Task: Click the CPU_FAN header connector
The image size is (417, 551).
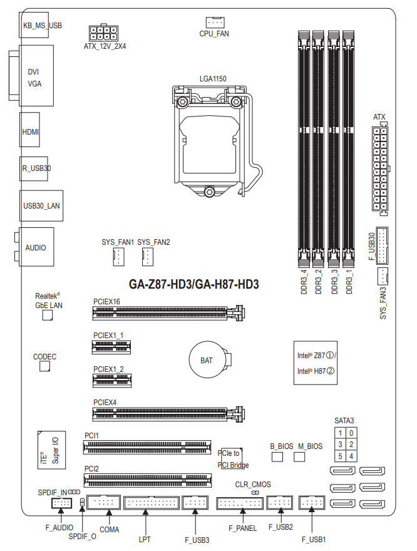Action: click(215, 23)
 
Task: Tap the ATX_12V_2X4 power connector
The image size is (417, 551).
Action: click(103, 33)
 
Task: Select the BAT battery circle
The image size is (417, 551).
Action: click(206, 360)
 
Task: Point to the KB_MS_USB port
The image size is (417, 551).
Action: click(34, 25)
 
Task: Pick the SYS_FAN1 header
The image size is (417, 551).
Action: click(118, 257)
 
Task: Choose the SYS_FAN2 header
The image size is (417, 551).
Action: click(148, 257)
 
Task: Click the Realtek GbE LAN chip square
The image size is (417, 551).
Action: click(48, 315)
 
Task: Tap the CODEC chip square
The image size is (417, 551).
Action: click(44, 366)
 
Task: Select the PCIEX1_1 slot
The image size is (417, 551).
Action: click(111, 347)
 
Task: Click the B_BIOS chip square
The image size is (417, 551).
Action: click(277, 456)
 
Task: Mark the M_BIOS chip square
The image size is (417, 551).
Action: click(299, 456)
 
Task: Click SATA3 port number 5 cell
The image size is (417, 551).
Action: click(340, 456)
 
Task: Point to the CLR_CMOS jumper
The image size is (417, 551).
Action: click(255, 493)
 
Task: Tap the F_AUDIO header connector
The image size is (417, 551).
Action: click(61, 503)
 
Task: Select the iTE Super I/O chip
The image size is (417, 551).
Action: click(51, 450)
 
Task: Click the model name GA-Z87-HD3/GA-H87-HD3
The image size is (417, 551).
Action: click(194, 284)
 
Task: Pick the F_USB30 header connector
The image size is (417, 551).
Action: click(382, 245)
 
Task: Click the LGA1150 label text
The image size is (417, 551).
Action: click(213, 79)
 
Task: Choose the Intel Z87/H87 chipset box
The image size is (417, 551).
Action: click(316, 363)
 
